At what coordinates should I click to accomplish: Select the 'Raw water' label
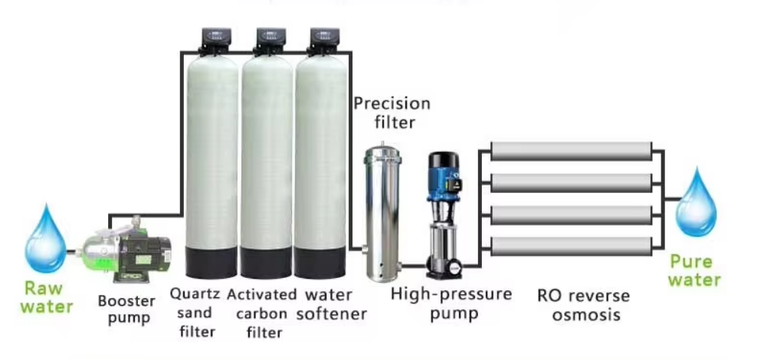(47, 298)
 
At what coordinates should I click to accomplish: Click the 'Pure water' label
(694, 270)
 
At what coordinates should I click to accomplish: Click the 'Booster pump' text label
(127, 309)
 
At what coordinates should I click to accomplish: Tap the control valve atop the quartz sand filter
(214, 39)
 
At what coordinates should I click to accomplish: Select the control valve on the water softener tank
(321, 39)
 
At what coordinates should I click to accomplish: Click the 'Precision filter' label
(391, 112)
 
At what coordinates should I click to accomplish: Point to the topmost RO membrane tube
(570, 151)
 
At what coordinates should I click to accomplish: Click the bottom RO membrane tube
(570, 246)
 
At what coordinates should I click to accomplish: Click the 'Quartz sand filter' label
(195, 313)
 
